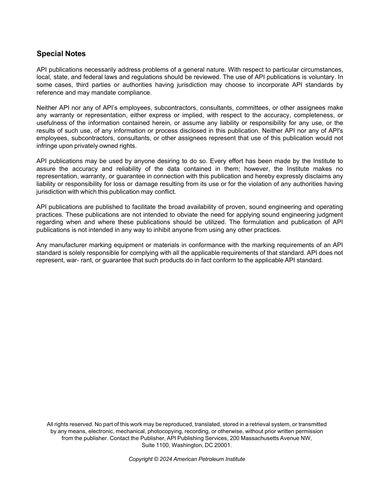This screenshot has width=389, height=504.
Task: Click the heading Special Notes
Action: [61, 54]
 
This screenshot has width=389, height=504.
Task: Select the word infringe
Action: [47, 146]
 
